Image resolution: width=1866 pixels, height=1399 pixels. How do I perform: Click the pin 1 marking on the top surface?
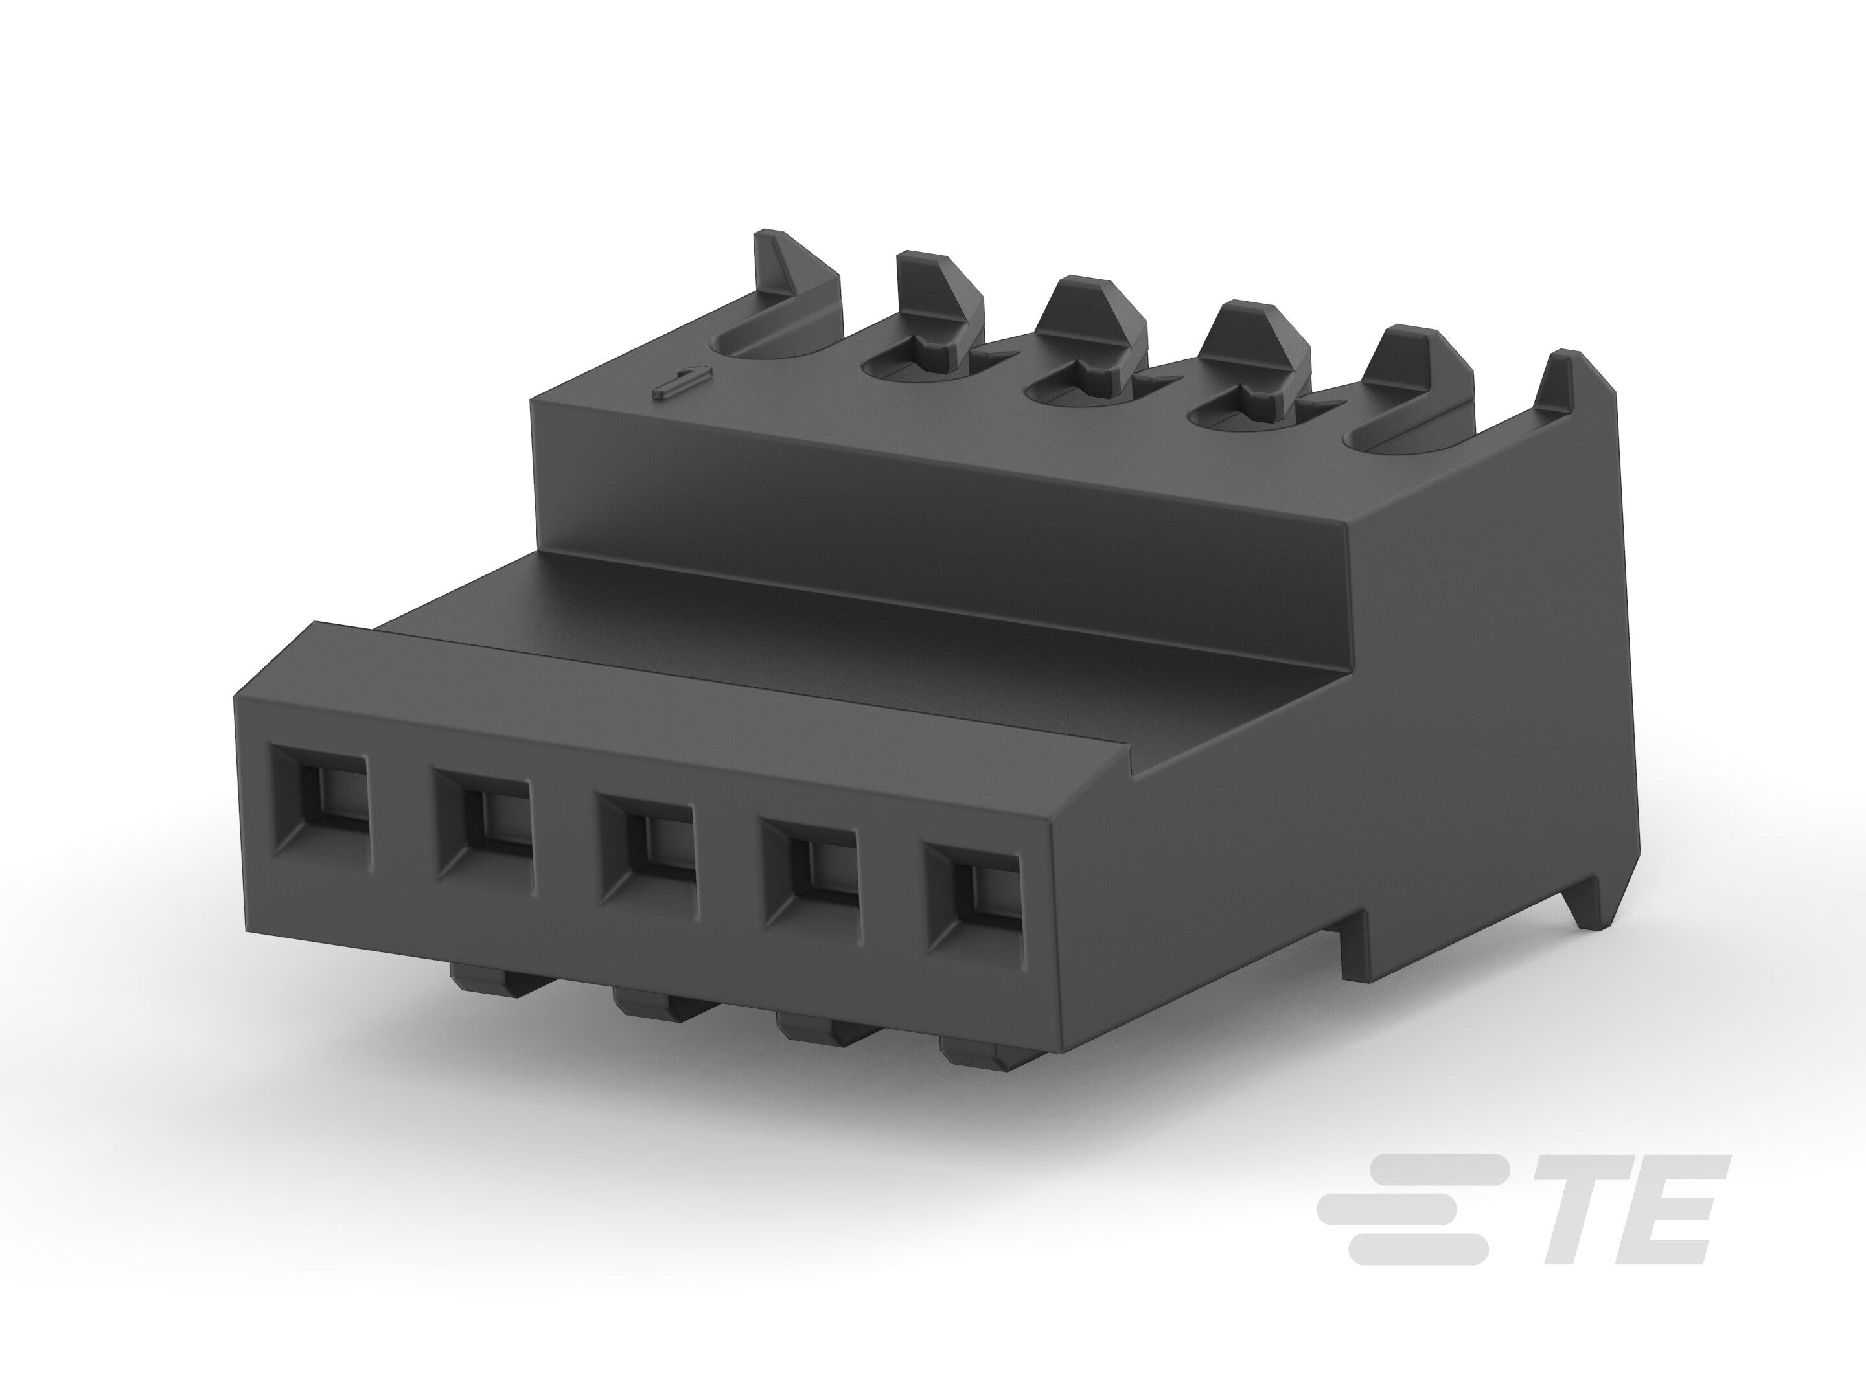pyautogui.click(x=682, y=382)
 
